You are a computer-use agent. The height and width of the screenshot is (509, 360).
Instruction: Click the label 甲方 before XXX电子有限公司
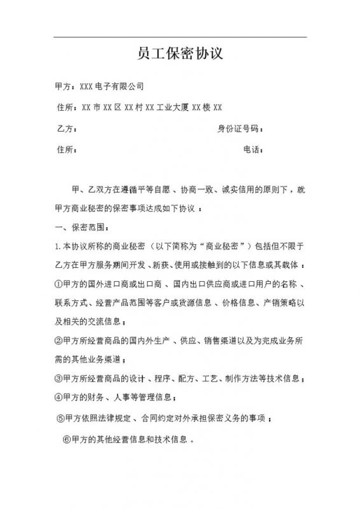pyautogui.click(x=64, y=86)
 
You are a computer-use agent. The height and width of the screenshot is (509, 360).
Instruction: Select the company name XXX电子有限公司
pyautogui.click(x=110, y=86)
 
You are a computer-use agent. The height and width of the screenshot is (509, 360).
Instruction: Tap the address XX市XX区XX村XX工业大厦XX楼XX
pyautogui.click(x=148, y=108)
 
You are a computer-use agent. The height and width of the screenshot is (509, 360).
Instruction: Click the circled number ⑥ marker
pyautogui.click(x=66, y=439)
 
